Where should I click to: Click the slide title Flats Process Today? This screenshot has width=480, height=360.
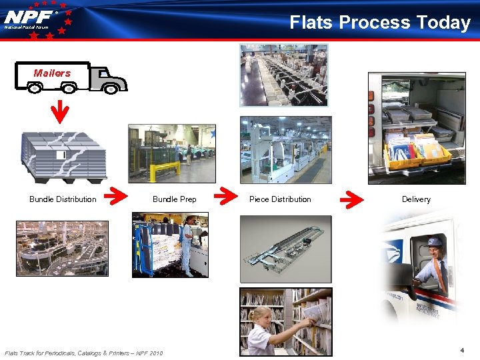(x=380, y=23)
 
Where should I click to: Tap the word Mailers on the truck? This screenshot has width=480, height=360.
(x=52, y=73)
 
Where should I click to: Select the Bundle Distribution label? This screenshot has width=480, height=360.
(x=63, y=199)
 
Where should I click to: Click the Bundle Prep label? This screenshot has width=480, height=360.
(x=175, y=199)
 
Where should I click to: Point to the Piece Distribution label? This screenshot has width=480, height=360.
(x=280, y=199)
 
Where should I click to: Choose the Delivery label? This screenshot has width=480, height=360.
(x=416, y=199)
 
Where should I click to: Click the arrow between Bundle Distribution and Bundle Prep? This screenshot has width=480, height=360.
(x=119, y=197)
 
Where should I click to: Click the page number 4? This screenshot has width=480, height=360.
(x=461, y=349)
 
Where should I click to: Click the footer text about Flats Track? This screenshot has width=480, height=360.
(x=83, y=353)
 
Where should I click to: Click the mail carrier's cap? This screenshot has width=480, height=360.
(x=435, y=241)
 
